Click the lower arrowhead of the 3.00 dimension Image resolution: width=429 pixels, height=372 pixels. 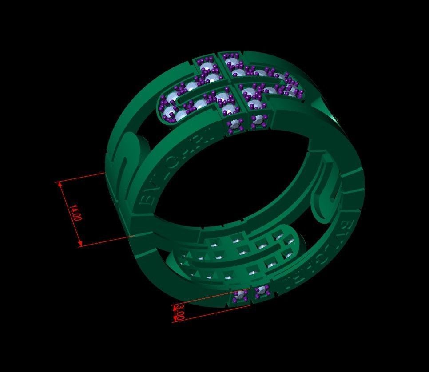pos(174,319)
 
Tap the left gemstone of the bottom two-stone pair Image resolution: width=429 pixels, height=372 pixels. pos(240,294)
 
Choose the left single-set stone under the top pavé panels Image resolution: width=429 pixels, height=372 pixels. pos(234,124)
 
